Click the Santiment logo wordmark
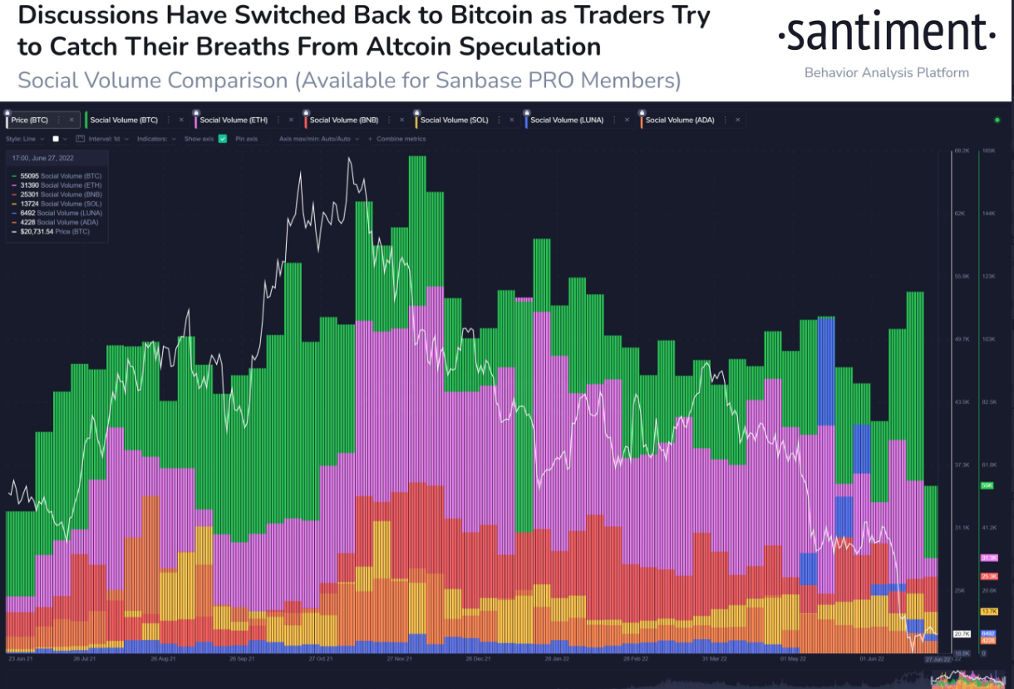pos(886,35)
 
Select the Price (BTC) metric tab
pos(30,121)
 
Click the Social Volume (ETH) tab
pos(233,121)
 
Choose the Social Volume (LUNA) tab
pos(565,121)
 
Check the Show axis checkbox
pos(223,139)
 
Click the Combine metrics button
pos(401,139)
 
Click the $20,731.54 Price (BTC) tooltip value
pos(57,232)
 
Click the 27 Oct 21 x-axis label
pos(320,658)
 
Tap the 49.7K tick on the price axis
pos(962,339)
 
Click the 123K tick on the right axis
pos(989,276)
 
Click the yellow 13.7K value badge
pos(989,612)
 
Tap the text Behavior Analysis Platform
pos(886,73)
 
